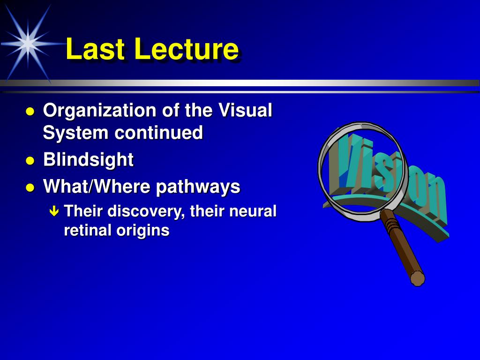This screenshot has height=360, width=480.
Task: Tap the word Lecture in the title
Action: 187,49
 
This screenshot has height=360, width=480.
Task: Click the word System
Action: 75,133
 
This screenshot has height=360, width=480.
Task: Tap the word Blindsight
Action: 89,160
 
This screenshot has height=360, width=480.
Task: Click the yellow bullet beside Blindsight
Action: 30,161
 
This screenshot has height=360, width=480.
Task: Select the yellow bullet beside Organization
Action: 30,112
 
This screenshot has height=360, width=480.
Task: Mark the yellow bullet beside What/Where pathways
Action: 30,187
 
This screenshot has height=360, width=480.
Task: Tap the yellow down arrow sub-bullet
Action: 54,211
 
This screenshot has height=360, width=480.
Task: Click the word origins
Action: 142,231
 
